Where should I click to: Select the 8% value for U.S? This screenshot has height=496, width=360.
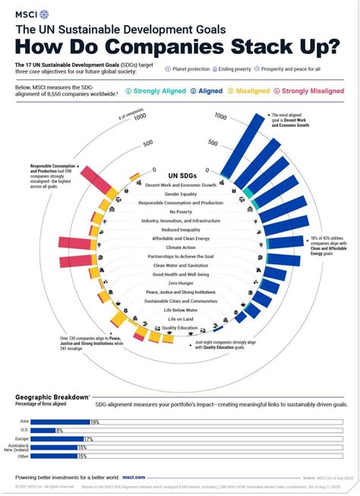pyautogui.click(x=60, y=431)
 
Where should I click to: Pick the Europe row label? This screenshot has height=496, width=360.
pyautogui.click(x=24, y=439)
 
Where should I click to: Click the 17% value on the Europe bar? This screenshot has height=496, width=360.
pyautogui.click(x=88, y=439)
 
